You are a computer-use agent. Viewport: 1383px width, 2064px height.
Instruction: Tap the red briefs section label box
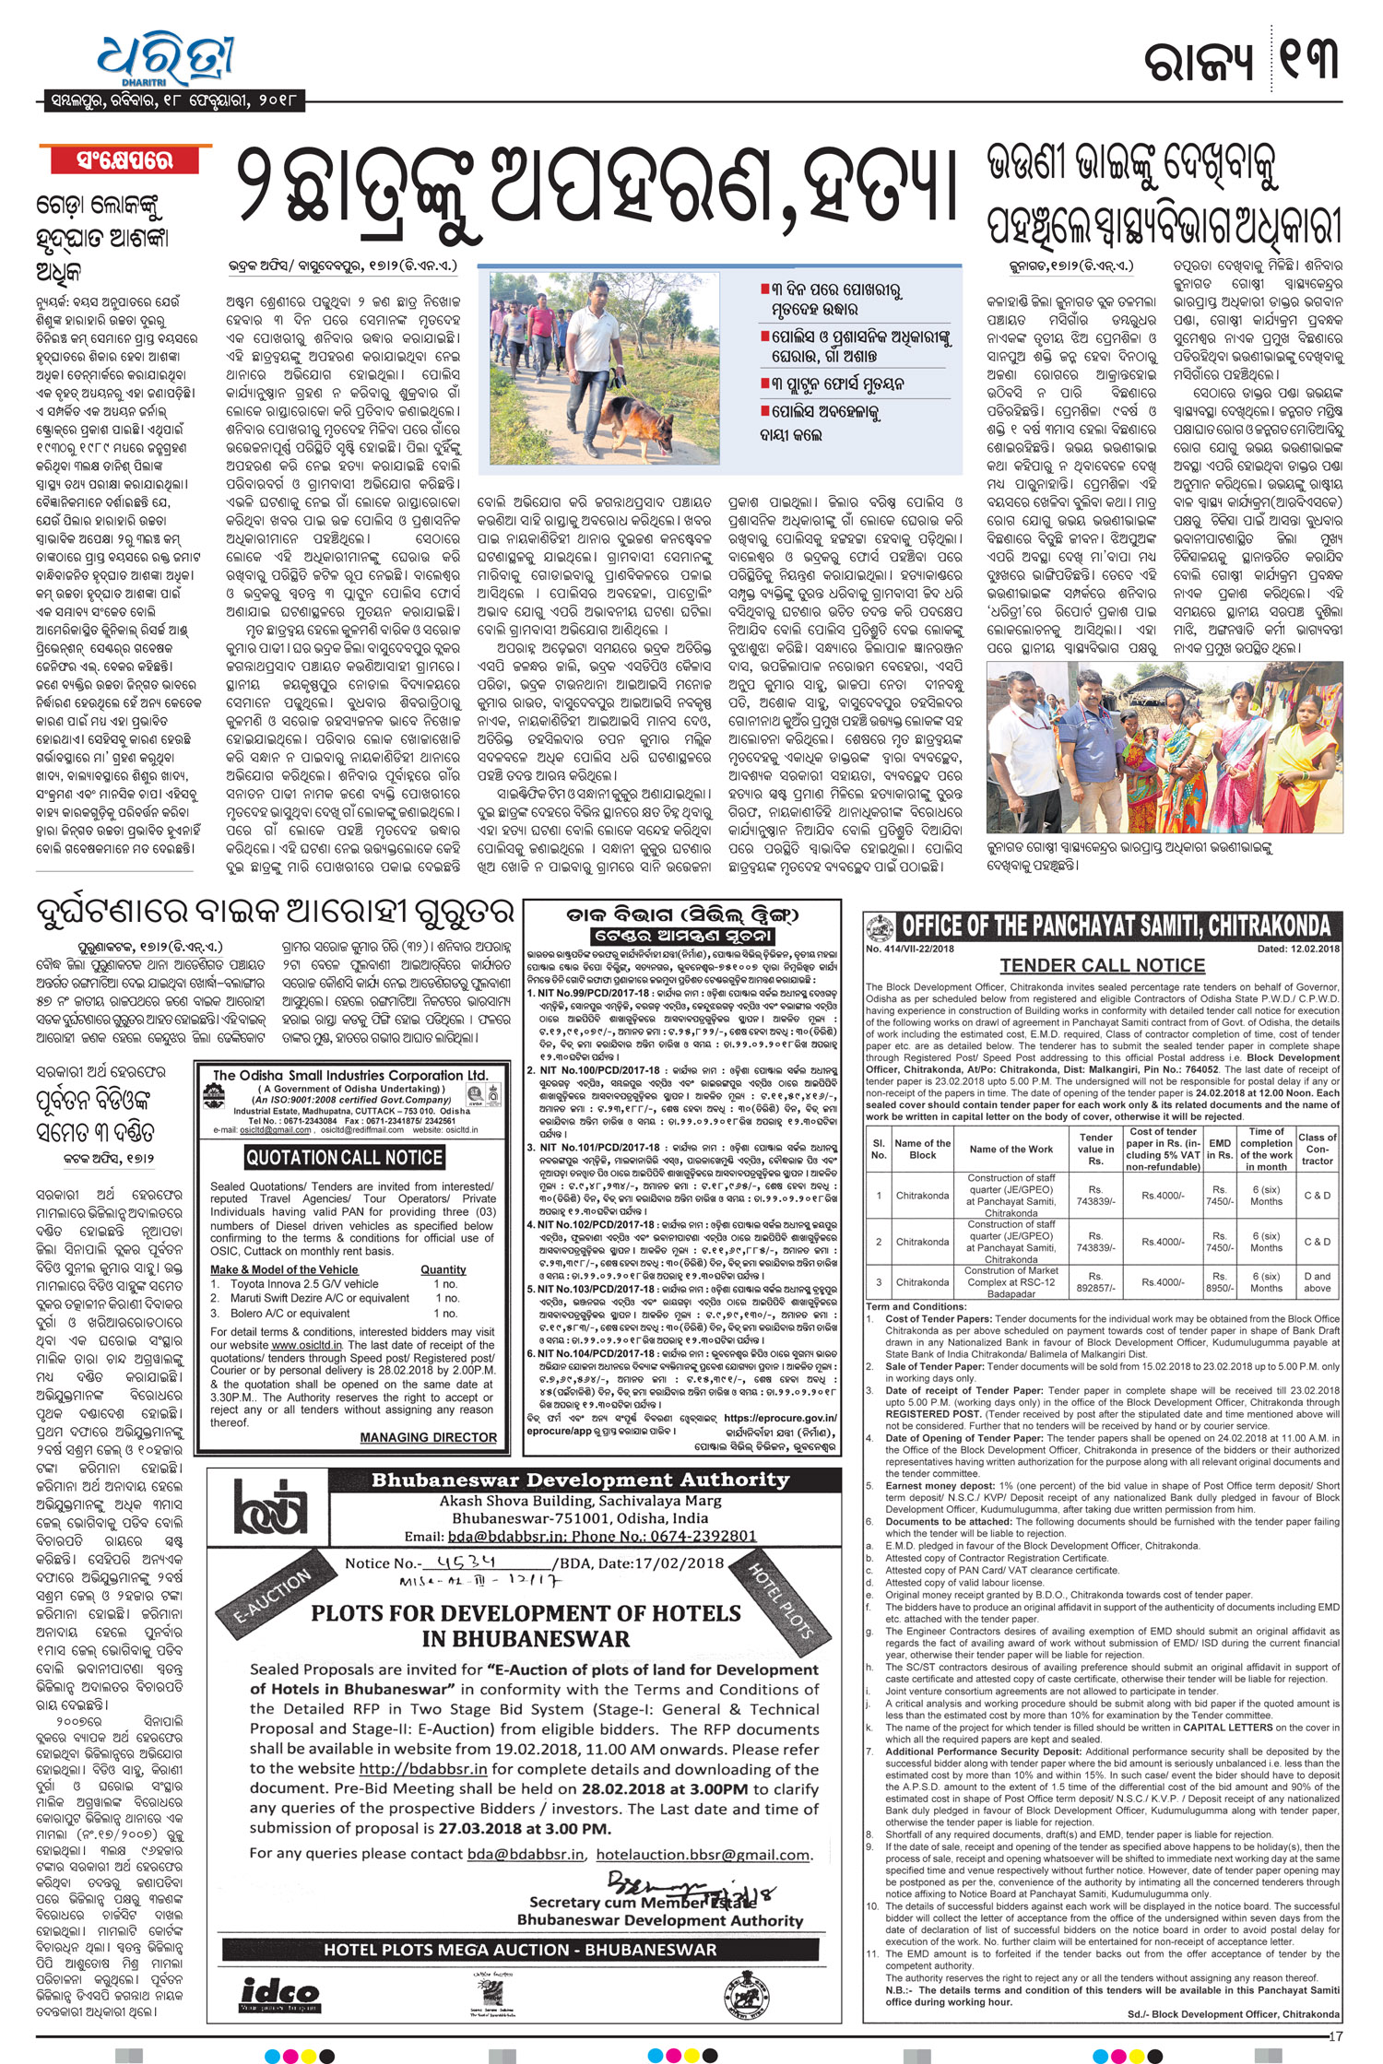coord(124,160)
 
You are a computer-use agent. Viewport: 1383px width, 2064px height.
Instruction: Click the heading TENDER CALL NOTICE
coord(1103,965)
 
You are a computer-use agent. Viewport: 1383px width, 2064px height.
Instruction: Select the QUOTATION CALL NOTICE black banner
coord(344,1158)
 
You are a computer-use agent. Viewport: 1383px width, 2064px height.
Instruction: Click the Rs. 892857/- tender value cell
coord(1095,1282)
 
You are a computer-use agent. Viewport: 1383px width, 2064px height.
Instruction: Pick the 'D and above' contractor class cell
coord(1317,1282)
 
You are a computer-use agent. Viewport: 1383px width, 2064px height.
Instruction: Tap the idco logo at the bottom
coord(279,1995)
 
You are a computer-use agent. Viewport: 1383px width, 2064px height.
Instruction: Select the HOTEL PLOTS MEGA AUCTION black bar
coord(520,1950)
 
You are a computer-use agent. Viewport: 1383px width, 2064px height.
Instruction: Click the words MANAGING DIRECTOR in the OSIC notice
coord(428,1437)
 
